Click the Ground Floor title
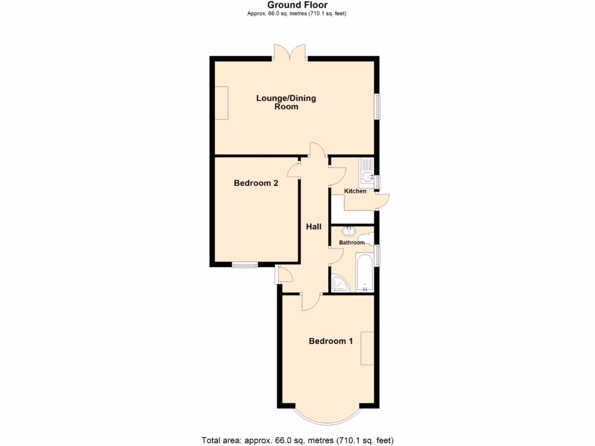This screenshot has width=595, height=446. tap(297, 5)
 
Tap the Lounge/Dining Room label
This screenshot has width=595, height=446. tap(286, 102)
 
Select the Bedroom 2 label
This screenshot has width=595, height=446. tap(256, 183)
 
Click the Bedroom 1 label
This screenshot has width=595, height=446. tap(331, 341)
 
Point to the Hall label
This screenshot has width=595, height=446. tap(314, 226)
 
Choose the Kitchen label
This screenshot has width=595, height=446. tap(355, 191)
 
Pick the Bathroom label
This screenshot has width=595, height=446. tap(352, 243)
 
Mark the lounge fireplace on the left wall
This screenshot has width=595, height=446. tap(221, 103)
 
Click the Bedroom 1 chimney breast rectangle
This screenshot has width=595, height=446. tap(367, 348)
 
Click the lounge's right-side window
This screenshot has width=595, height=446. tap(377, 106)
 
